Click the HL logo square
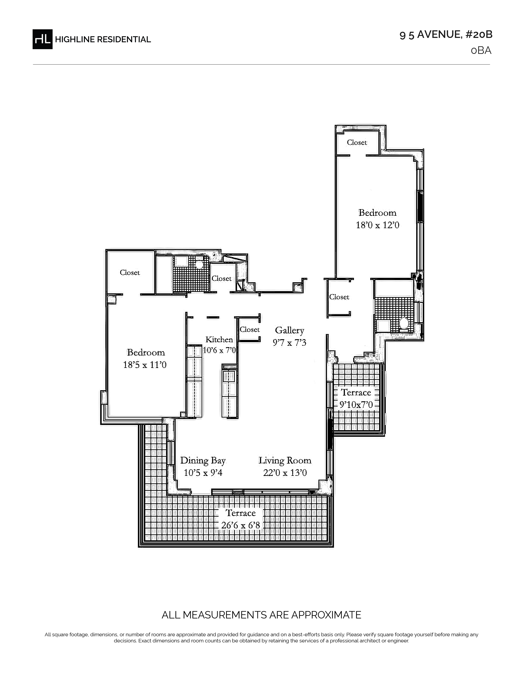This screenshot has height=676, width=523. pos(42,39)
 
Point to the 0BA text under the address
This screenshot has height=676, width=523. pos(481,50)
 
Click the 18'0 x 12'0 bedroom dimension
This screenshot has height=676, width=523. pos(377,225)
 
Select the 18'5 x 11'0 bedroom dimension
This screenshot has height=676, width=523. pos(145,365)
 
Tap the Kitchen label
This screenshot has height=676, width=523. pos(219,340)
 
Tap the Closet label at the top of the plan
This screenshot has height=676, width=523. pos(357,142)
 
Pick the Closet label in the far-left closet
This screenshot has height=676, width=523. pos(130,273)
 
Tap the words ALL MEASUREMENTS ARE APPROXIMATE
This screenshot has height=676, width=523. pos(261,615)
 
